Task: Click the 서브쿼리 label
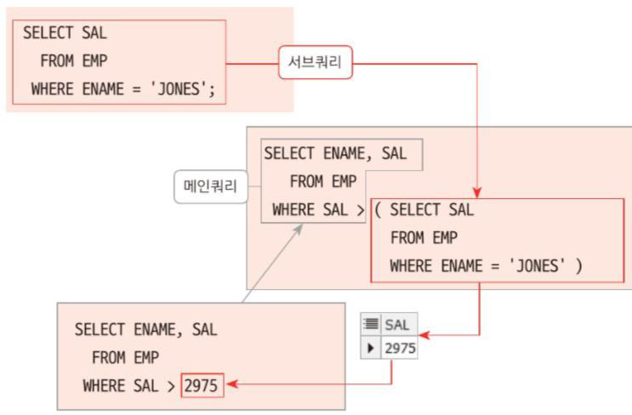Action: (316, 63)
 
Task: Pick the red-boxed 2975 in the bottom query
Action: (201, 386)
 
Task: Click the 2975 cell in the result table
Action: (399, 347)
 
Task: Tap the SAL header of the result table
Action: (397, 325)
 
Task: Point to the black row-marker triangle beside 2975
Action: (370, 347)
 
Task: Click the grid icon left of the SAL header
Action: (370, 325)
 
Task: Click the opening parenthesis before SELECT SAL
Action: (378, 210)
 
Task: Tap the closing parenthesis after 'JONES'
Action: (578, 266)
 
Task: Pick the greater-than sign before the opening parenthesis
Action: (361, 210)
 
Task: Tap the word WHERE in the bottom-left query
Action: (103, 386)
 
